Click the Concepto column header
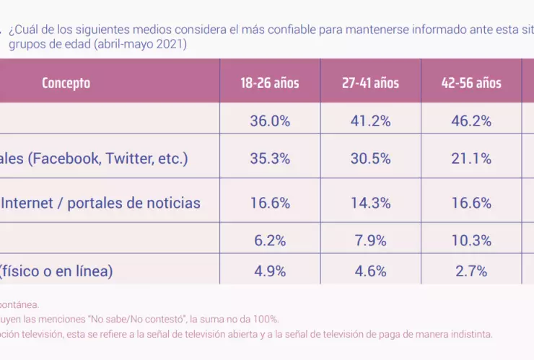pyautogui.click(x=66, y=83)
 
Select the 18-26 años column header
pyautogui.click(x=270, y=83)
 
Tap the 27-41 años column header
pyautogui.click(x=370, y=83)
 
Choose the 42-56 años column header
pyautogui.click(x=471, y=83)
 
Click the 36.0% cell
pyautogui.click(x=270, y=121)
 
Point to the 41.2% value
pyautogui.click(x=370, y=121)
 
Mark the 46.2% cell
pyautogui.click(x=471, y=121)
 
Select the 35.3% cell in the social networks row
pyautogui.click(x=270, y=159)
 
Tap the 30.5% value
pyautogui.click(x=370, y=159)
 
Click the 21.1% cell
pyautogui.click(x=471, y=159)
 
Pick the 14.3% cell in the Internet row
pyautogui.click(x=370, y=203)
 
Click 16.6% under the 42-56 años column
pyautogui.click(x=471, y=203)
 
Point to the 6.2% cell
pyautogui.click(x=270, y=240)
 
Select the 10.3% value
pyautogui.click(x=471, y=240)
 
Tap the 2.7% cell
pyautogui.click(x=471, y=271)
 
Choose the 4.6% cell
pyautogui.click(x=370, y=271)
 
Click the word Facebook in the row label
pyautogui.click(x=66, y=159)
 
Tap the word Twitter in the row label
pyautogui.click(x=131, y=159)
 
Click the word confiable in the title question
pyautogui.click(x=268, y=30)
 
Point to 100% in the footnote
pyautogui.click(x=266, y=320)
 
